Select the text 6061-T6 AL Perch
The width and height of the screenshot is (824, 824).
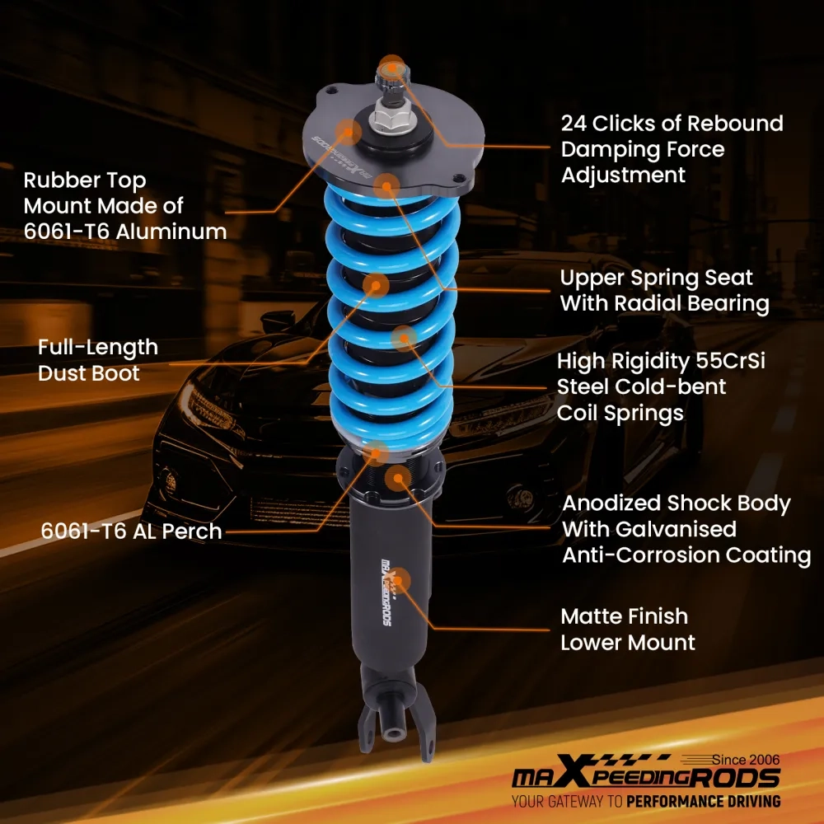132,531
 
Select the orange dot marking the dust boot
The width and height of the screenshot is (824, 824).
377,286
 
